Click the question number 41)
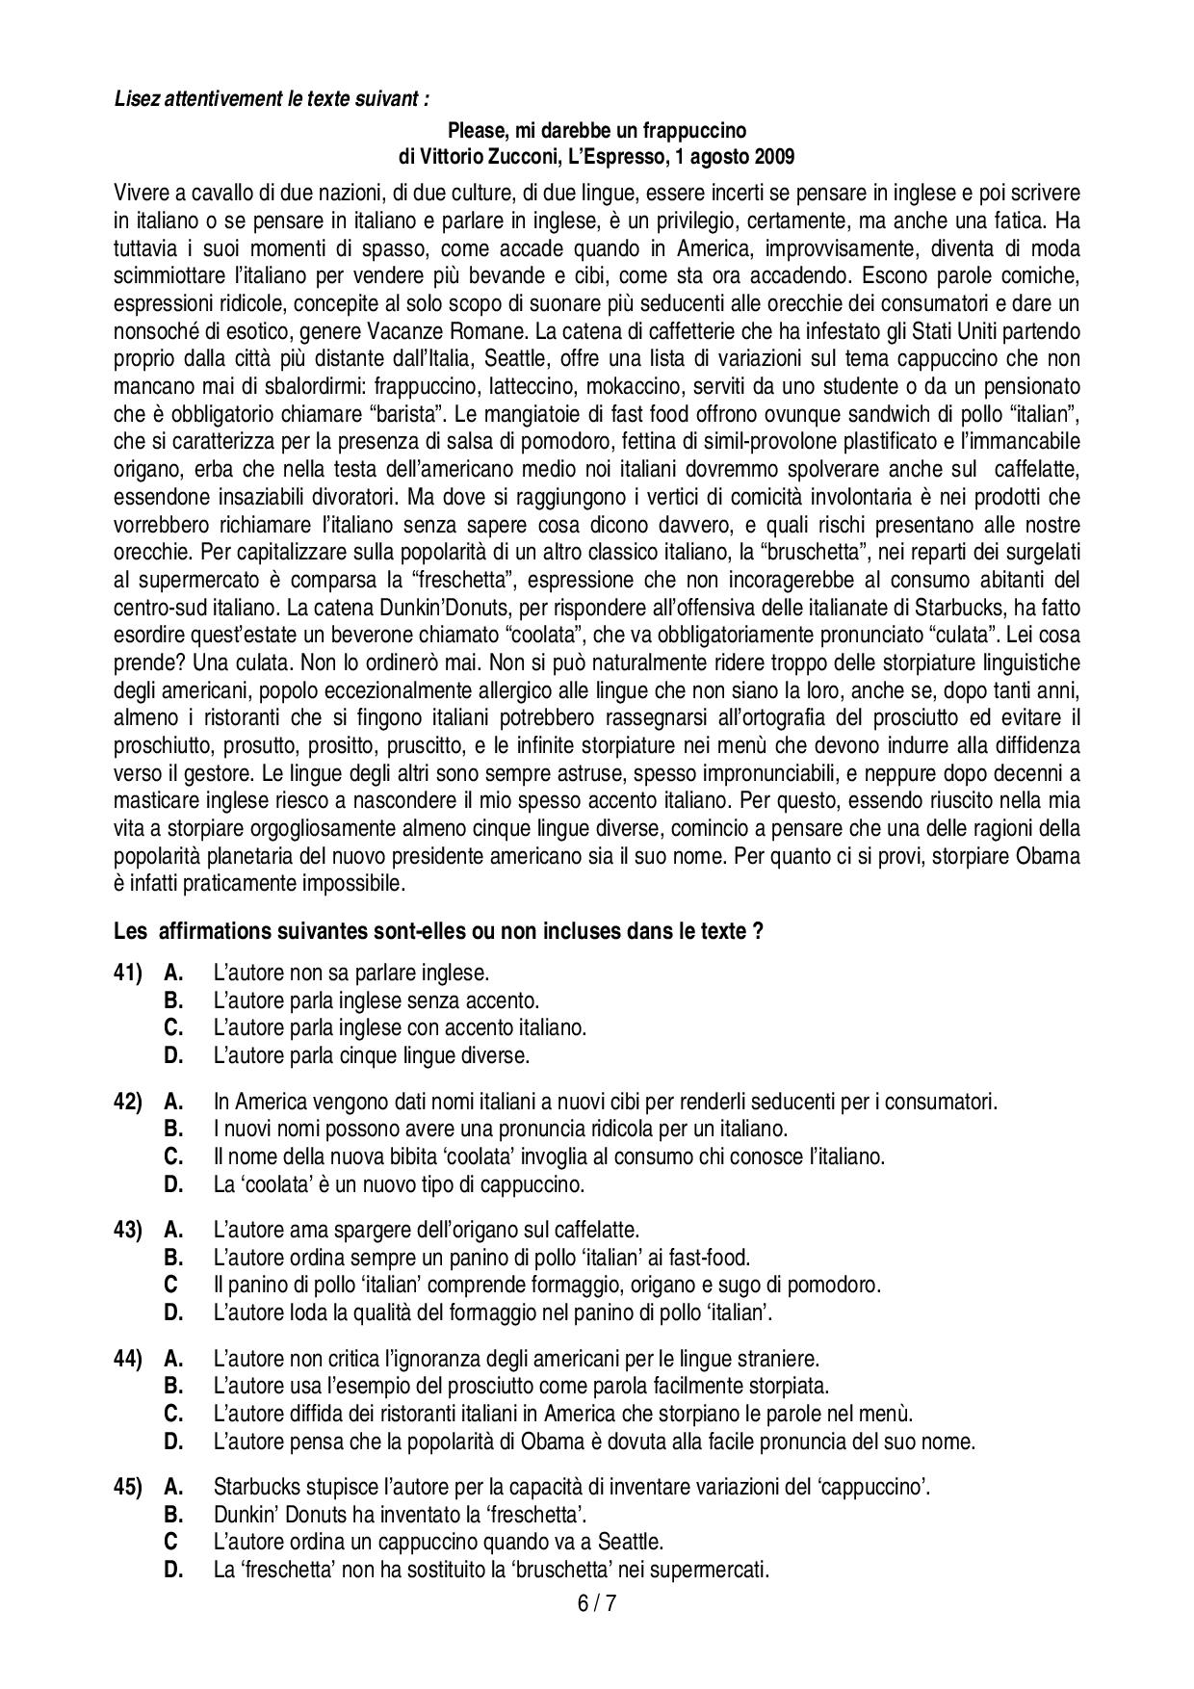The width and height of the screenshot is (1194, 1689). (128, 973)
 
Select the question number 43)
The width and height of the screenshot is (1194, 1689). (128, 1230)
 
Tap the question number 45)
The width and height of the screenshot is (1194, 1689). (128, 1487)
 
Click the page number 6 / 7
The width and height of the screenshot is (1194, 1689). (597, 1604)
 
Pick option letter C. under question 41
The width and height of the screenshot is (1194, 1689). (173, 1027)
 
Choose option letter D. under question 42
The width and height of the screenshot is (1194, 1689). (173, 1184)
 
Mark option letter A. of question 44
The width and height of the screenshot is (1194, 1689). (173, 1359)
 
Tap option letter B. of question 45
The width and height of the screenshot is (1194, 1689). (173, 1514)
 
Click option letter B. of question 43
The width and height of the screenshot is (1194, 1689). (173, 1258)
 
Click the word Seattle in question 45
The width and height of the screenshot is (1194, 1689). (631, 1542)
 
